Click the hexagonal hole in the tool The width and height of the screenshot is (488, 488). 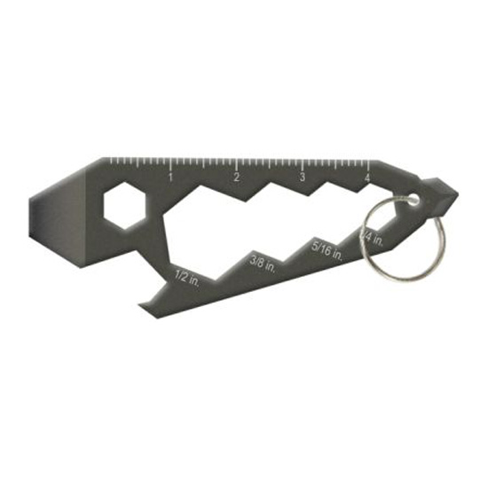(x=123, y=206)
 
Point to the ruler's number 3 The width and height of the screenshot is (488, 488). (x=302, y=177)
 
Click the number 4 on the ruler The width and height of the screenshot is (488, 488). (x=366, y=177)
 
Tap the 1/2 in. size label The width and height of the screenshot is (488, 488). (x=187, y=277)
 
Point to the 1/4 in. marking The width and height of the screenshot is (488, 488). (x=372, y=236)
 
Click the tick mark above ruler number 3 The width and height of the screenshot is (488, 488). (x=303, y=163)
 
